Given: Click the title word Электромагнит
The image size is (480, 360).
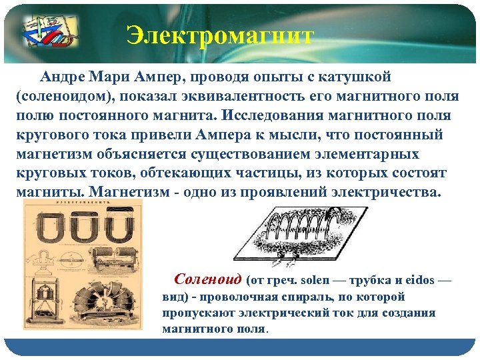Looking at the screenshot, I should (220, 35).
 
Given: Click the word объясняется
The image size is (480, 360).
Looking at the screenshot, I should (155, 154).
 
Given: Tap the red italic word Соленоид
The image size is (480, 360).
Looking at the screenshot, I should (207, 279).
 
